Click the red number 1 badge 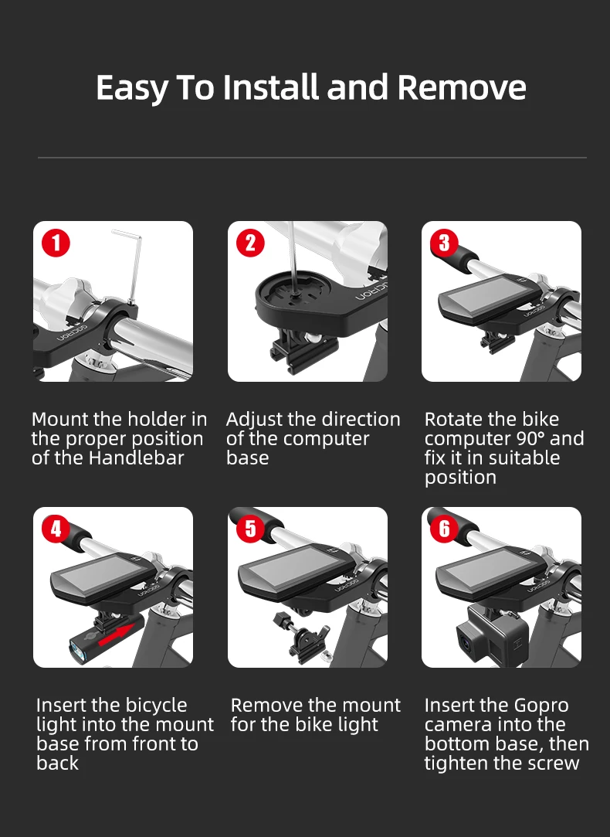56,243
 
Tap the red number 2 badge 250,243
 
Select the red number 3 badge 444,243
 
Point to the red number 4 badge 56,529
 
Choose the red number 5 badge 250,529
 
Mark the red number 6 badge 444,529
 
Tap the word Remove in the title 462,87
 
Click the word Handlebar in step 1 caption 136,458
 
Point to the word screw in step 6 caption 552,764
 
